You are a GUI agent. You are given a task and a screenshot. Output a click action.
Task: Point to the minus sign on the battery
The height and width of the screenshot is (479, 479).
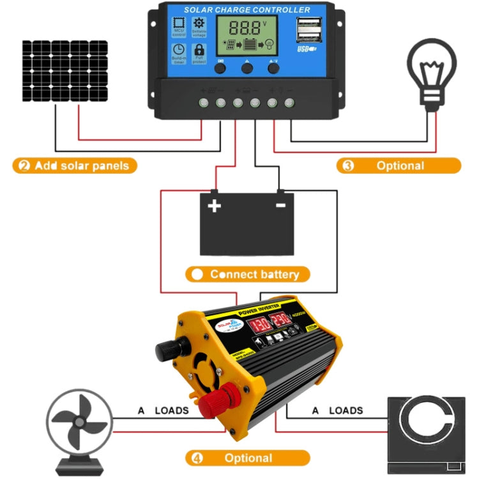(280, 206)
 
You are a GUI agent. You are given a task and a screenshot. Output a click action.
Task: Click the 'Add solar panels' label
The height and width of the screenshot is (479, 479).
(74, 165)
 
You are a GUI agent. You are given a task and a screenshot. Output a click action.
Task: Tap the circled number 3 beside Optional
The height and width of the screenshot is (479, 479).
(348, 165)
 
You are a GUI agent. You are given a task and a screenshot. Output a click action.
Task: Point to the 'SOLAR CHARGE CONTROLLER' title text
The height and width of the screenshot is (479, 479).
(247, 10)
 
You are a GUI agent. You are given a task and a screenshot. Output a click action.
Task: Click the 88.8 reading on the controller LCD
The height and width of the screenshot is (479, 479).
(245, 28)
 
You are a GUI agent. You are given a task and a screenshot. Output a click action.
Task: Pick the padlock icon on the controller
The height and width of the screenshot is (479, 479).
(199, 50)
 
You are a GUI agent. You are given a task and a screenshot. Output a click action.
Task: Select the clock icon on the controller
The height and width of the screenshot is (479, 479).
(179, 50)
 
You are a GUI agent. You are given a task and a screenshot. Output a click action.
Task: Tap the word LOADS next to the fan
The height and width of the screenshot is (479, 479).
(172, 411)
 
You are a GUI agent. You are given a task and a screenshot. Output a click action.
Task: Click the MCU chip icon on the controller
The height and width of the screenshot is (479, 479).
(178, 25)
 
